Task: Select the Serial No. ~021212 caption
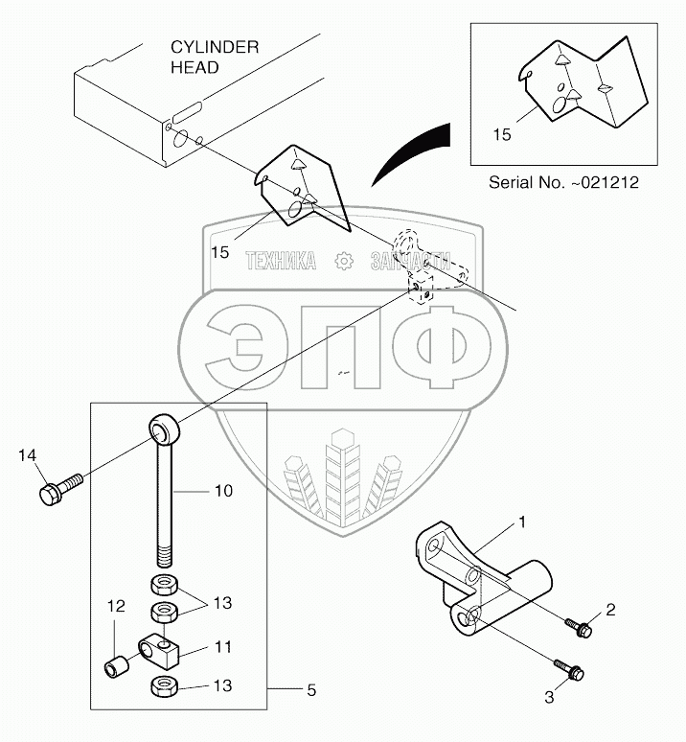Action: (563, 181)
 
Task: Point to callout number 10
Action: (222, 491)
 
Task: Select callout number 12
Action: (115, 606)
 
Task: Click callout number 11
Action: (222, 648)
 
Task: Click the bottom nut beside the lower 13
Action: (161, 686)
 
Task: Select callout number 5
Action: (310, 689)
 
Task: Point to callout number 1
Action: (523, 522)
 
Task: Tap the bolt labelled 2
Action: (581, 628)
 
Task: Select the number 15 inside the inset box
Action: (501, 134)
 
